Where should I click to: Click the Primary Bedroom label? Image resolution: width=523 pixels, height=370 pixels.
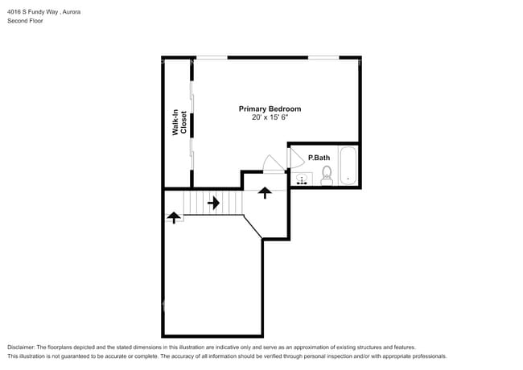pyautogui.click(x=270, y=109)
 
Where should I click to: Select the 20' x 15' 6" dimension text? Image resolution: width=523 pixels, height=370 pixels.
pyautogui.click(x=270, y=117)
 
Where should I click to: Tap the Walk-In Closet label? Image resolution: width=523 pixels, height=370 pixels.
pyautogui.click(x=180, y=122)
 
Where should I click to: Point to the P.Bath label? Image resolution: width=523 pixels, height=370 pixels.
pyautogui.click(x=319, y=157)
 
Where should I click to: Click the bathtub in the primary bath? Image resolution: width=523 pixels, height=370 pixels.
pyautogui.click(x=348, y=166)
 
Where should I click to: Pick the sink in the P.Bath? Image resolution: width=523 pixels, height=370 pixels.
pyautogui.click(x=303, y=179)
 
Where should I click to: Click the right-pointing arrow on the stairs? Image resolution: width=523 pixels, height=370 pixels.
pyautogui.click(x=213, y=203)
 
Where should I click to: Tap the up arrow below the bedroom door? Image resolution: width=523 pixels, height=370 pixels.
pyautogui.click(x=265, y=192)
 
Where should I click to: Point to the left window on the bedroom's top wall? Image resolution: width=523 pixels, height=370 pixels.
pyautogui.click(x=211, y=57)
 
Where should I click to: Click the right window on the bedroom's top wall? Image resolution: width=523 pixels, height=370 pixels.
pyautogui.click(x=323, y=57)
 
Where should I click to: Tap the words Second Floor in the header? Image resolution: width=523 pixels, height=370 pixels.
pyautogui.click(x=25, y=21)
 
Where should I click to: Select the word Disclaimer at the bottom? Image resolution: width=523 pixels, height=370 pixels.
pyautogui.click(x=23, y=347)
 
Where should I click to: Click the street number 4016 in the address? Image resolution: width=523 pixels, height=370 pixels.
pyautogui.click(x=14, y=12)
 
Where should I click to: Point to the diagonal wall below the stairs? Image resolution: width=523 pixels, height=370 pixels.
pyautogui.click(x=253, y=227)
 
